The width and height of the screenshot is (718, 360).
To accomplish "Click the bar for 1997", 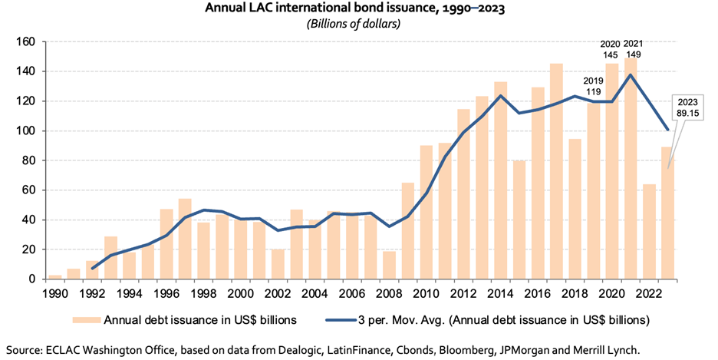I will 185,239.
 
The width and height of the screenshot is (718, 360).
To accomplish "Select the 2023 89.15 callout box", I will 689,107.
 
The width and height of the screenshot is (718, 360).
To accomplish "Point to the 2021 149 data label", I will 633,49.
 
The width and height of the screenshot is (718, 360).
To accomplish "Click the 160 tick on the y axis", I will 28,41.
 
